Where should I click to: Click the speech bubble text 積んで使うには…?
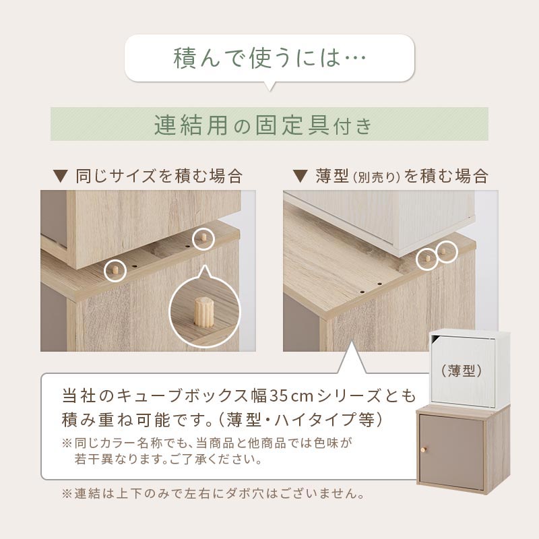point(270,58)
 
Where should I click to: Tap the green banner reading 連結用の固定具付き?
point(269,124)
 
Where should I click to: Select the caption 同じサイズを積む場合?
point(160,176)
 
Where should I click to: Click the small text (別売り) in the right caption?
point(377,177)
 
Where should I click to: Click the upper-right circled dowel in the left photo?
point(203,238)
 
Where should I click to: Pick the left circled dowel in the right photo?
point(427,258)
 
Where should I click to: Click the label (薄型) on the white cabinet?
point(462,371)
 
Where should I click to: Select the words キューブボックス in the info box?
point(182,396)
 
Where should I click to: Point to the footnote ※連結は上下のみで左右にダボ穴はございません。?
point(213,494)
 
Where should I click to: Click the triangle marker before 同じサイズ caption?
point(61,177)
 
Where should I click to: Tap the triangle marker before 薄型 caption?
point(300,177)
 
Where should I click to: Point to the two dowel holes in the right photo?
point(371,288)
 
